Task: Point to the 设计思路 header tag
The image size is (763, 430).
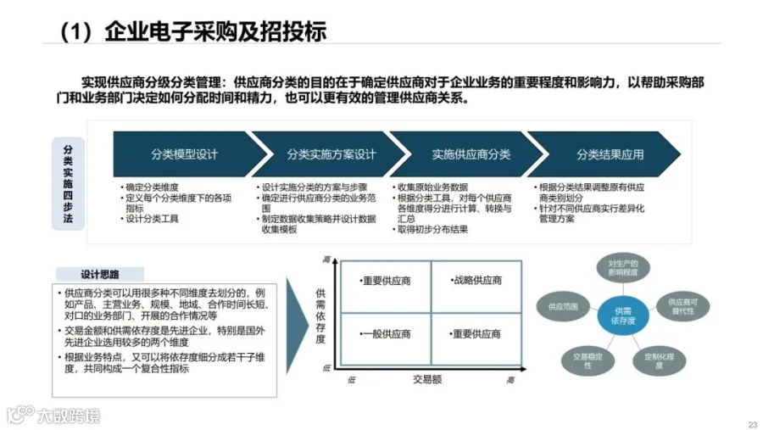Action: pyautogui.click(x=99, y=274)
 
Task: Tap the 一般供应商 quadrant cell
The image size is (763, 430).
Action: pyautogui.click(x=385, y=334)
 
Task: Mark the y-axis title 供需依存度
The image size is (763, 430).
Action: pyautogui.click(x=320, y=314)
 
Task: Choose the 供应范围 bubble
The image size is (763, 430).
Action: pyautogui.click(x=562, y=304)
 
